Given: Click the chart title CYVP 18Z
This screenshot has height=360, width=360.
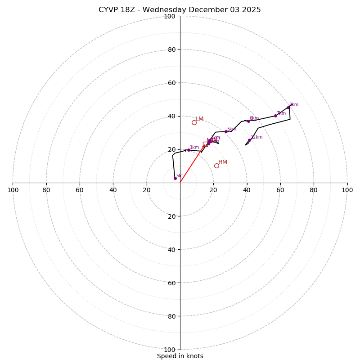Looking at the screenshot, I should (x=180, y=10).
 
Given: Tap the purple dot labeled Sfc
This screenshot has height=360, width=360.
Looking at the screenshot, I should (x=175, y=178).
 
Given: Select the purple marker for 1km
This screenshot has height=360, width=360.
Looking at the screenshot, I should (x=189, y=150).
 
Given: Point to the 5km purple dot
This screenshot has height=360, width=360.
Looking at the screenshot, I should (x=226, y=132).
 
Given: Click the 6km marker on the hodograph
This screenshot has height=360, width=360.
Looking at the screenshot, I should (x=248, y=121).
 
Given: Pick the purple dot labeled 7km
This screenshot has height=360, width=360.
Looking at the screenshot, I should (x=276, y=116).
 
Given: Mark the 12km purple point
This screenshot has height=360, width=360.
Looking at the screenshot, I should (x=249, y=140).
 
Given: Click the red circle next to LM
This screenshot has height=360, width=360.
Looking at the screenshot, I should (x=194, y=122).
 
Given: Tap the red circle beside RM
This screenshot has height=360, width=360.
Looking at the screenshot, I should (x=216, y=166).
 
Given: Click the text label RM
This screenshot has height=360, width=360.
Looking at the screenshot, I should (x=223, y=162).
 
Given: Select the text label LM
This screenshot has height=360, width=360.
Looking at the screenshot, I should (x=199, y=119).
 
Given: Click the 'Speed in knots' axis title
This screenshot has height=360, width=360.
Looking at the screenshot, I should (x=180, y=356).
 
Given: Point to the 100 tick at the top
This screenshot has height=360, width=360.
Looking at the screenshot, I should (x=170, y=16).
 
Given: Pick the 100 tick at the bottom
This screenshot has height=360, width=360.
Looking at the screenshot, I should (x=170, y=349).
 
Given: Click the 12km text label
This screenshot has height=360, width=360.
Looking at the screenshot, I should (x=256, y=137).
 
